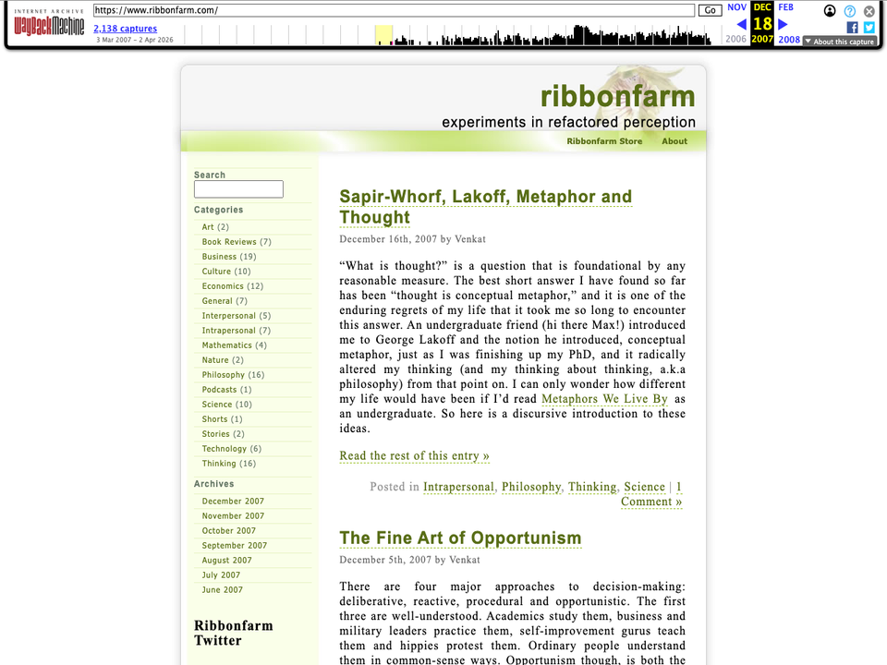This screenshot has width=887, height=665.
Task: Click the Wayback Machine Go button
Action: coord(710,10)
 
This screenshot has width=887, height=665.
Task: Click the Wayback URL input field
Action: coord(394,10)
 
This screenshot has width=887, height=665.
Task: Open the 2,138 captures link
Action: coord(125,29)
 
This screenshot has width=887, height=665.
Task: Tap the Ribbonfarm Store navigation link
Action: coord(604,141)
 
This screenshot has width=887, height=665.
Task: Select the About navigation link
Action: coord(674,141)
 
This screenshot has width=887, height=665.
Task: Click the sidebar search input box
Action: coord(238,189)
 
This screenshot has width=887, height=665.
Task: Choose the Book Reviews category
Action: coord(229,242)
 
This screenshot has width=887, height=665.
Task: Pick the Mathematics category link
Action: coord(227,345)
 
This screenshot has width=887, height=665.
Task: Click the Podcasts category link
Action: coord(220,390)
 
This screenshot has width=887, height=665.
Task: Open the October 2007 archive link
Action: coord(229,531)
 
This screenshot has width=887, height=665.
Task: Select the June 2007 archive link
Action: coord(223,590)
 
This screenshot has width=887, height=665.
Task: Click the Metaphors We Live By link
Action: coord(604,399)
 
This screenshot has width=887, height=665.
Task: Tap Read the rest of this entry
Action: coord(414,455)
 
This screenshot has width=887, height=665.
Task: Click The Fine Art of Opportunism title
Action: coord(460,538)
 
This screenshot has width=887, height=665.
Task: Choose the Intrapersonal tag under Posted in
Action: coord(458,487)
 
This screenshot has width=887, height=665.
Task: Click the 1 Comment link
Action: coord(652,502)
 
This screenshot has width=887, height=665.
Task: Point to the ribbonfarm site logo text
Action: coord(617,96)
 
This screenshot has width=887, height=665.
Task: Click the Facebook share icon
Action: coord(853,28)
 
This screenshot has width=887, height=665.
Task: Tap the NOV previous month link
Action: coord(736,7)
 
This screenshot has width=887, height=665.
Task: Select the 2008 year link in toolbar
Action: coord(789,40)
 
